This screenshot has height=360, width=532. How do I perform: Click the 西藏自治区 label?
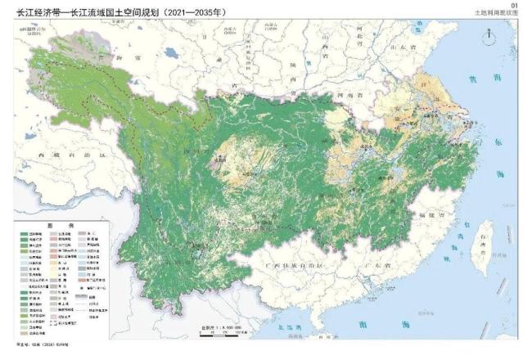(x=61, y=153)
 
